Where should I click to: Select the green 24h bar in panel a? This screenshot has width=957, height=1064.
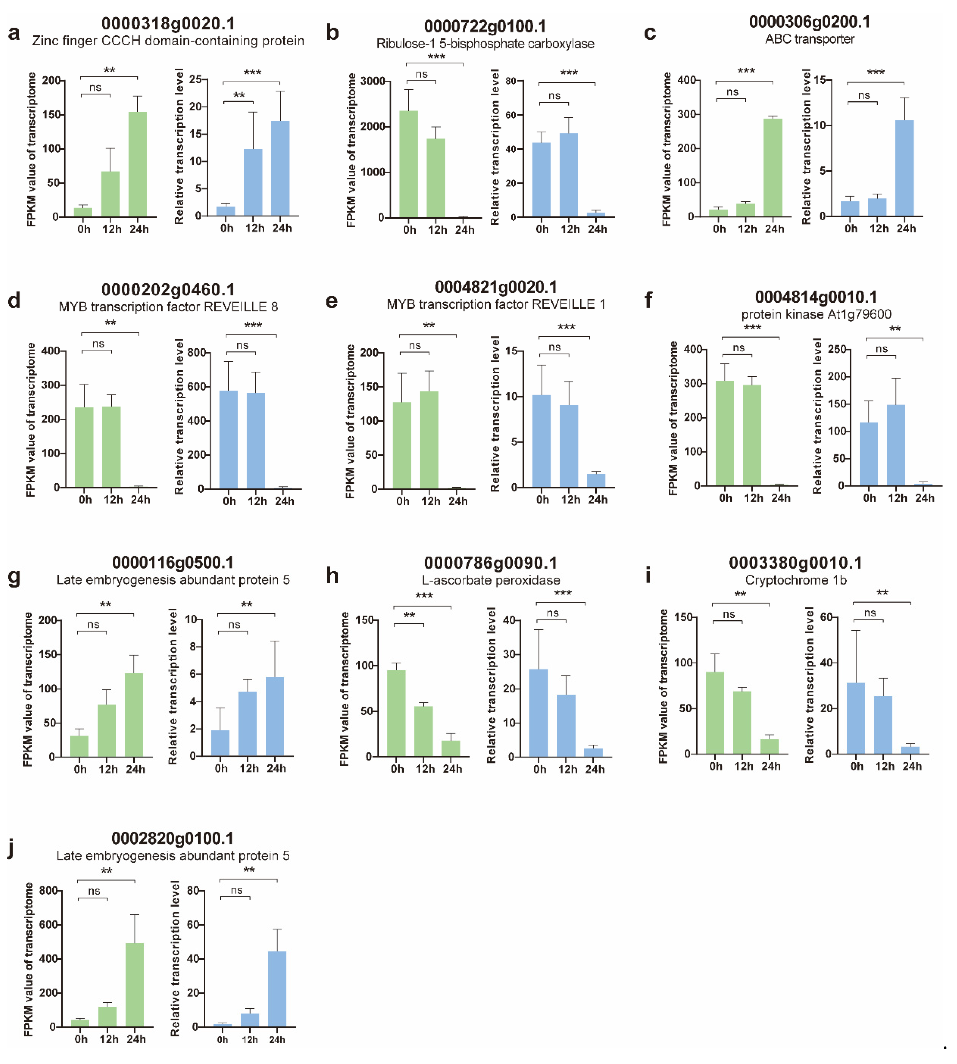pos(138,164)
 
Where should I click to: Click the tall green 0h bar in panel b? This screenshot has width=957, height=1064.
pos(409,164)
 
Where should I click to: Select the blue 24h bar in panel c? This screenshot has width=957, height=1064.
pos(904,168)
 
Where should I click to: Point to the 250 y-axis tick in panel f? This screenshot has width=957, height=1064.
pos(837,349)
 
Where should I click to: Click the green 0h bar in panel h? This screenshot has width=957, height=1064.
pos(396,713)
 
